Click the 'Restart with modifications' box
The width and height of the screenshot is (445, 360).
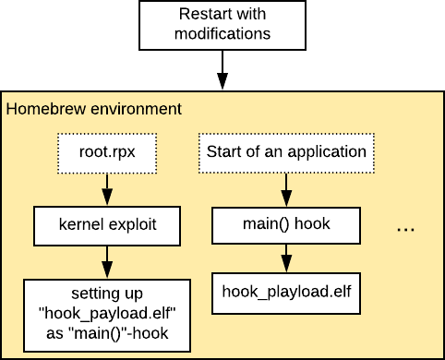pyautogui.click(x=222, y=25)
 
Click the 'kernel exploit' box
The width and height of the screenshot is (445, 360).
pyautogui.click(x=107, y=224)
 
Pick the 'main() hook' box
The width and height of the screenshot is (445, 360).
pyautogui.click(x=286, y=224)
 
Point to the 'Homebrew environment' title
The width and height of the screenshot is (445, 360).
pyautogui.click(x=93, y=109)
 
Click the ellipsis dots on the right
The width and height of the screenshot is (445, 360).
pyautogui.click(x=406, y=228)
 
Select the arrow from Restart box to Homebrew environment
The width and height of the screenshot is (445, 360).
pyautogui.click(x=222, y=70)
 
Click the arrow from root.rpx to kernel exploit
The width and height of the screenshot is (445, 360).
pyautogui.click(x=107, y=188)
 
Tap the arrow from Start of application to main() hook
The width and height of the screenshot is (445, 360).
pyautogui.click(x=286, y=188)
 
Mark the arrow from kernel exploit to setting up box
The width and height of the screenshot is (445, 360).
pyautogui.click(x=107, y=261)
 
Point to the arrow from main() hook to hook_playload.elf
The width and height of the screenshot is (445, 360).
pyautogui.click(x=286, y=257)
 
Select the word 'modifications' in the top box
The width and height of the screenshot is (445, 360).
pyautogui.click(x=222, y=34)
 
